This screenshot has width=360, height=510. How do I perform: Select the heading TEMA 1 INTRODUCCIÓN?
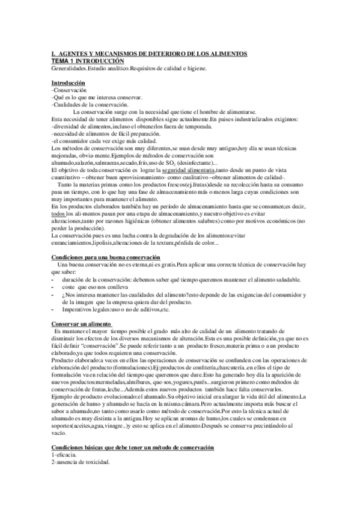pos(88,62)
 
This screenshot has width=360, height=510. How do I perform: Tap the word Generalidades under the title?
pos(71,69)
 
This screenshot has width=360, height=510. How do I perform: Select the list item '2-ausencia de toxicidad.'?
pos(81,462)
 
